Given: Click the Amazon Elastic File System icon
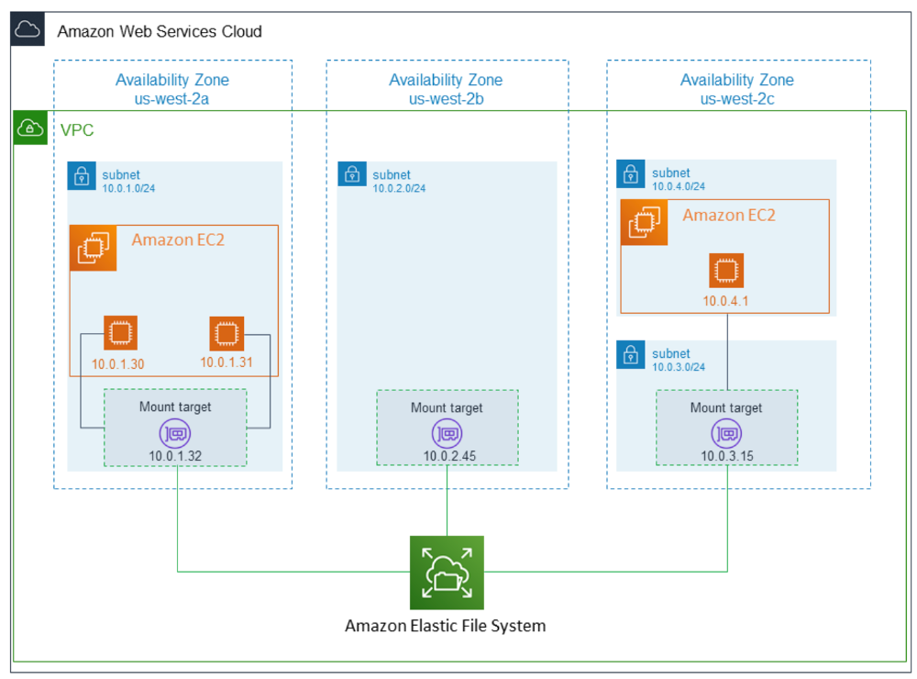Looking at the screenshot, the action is click(x=447, y=573).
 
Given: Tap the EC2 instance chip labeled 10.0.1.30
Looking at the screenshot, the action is click(x=120, y=333).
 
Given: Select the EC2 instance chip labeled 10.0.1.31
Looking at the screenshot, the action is click(x=226, y=334).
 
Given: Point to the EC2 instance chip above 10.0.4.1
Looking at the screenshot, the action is click(x=726, y=271).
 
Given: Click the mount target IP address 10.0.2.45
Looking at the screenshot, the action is click(x=449, y=456).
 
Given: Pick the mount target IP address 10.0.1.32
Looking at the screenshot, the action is click(x=175, y=456).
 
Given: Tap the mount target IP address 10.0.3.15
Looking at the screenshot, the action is click(x=727, y=456).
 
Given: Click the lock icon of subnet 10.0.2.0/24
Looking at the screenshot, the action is click(x=352, y=173).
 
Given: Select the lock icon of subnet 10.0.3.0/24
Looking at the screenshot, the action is click(x=631, y=355).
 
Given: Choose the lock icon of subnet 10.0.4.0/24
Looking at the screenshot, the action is click(x=631, y=173).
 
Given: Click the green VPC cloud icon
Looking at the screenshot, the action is click(x=30, y=128).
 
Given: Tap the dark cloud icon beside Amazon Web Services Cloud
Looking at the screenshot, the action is click(x=28, y=28).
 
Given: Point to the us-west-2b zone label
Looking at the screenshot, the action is click(x=447, y=99).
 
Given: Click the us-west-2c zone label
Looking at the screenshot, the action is click(x=737, y=99).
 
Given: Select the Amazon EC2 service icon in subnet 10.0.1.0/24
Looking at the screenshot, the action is click(x=93, y=248).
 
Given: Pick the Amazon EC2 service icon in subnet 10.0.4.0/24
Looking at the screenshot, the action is click(x=644, y=222).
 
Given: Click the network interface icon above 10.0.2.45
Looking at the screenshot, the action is click(x=447, y=434).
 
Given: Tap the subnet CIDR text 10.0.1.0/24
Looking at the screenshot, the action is click(x=128, y=188).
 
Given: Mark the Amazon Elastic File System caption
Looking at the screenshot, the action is click(x=445, y=627).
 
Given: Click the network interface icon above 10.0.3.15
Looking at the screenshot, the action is click(x=726, y=434).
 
